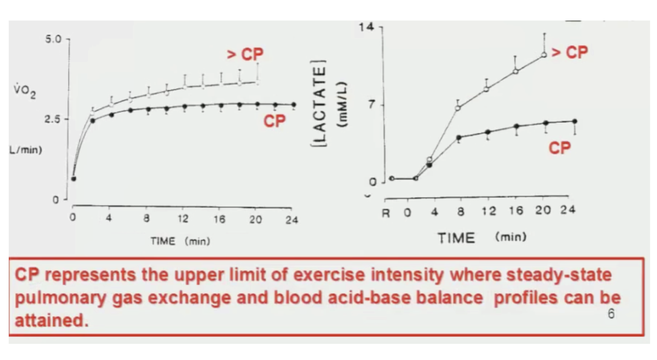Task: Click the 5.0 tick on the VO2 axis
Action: [x=53, y=39]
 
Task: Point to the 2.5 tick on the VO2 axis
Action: [x=53, y=119]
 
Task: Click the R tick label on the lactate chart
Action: [x=386, y=213]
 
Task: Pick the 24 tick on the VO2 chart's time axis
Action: [x=292, y=220]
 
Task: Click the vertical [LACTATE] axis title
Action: [x=319, y=104]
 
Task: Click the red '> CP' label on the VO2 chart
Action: [x=245, y=54]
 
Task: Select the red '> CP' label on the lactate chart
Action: [x=569, y=52]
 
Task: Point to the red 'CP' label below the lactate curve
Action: [x=560, y=148]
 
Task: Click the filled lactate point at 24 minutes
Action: [x=575, y=121]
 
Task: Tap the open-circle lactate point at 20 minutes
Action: [x=544, y=55]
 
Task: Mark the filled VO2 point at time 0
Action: [x=74, y=179]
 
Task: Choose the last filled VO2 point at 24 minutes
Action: [x=294, y=105]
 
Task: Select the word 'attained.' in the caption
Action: [x=52, y=321]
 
